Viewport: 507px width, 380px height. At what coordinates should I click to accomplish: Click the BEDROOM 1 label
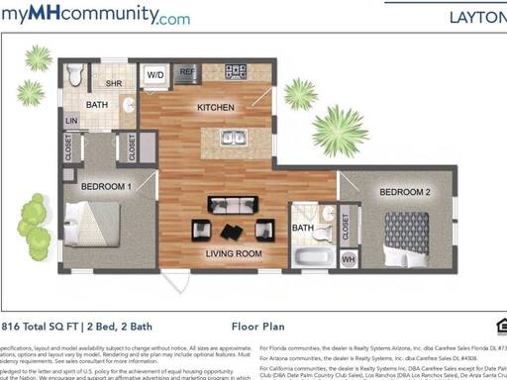click(106, 186)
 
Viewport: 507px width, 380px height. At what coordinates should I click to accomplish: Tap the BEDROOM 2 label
click(404, 191)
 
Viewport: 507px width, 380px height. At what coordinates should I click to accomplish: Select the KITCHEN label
click(215, 107)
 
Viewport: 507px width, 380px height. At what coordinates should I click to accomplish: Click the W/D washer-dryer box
click(155, 74)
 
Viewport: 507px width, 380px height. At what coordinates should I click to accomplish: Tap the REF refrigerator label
click(186, 71)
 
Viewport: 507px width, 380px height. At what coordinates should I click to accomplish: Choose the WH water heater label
click(348, 259)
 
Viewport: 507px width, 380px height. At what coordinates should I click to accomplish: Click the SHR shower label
click(115, 83)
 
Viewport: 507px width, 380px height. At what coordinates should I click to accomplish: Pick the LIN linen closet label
click(71, 122)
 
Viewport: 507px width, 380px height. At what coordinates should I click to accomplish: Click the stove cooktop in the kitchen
click(236, 71)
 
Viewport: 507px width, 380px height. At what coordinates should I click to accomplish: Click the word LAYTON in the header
click(477, 16)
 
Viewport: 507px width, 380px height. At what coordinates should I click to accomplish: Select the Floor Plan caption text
click(258, 324)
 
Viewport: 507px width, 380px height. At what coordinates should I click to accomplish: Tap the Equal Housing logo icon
click(500, 325)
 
